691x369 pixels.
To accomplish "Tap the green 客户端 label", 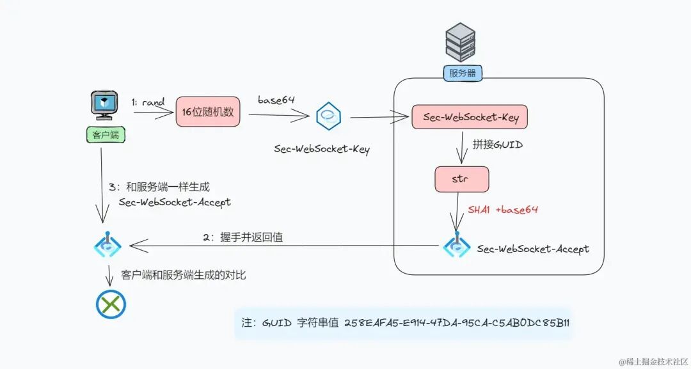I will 104,134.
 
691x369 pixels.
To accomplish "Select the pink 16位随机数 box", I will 208,112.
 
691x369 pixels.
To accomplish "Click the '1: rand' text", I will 148,102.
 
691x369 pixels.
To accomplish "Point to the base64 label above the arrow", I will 277,100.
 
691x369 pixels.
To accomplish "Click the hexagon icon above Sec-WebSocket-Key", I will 328,116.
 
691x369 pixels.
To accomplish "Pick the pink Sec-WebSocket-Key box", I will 470,117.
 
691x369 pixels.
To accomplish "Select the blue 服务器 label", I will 462,73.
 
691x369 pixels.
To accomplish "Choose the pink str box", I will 461,179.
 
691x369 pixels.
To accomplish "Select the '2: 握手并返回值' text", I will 242,237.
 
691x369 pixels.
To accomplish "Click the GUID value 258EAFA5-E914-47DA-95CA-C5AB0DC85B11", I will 457,322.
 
